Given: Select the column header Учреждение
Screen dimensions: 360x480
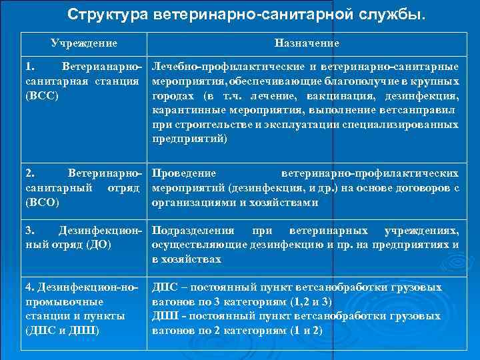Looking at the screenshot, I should tap(84, 43).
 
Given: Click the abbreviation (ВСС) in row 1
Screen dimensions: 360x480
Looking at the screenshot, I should tap(41, 96).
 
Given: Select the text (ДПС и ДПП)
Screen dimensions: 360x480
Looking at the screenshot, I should tap(62, 330).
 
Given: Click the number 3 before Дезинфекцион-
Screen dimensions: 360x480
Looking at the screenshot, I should tap(28, 231).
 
